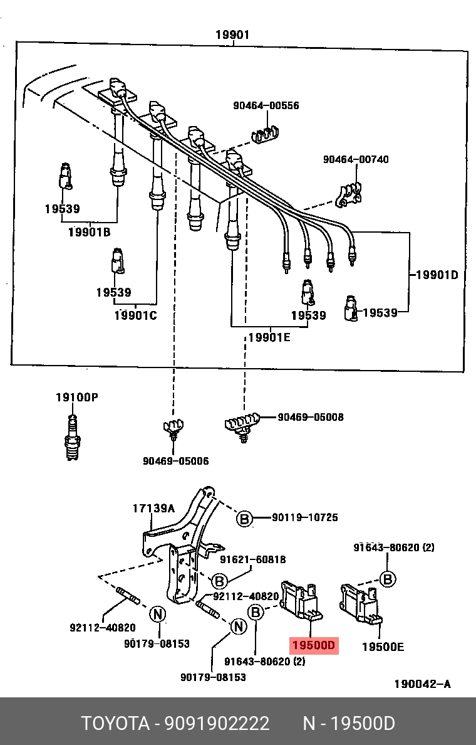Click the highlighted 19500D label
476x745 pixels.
[313, 645]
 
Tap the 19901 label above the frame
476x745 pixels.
[232, 35]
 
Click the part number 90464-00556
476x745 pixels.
[266, 106]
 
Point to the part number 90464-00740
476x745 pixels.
[356, 159]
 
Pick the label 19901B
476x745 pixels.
[89, 232]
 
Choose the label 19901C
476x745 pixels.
[135, 315]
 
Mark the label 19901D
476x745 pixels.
[437, 275]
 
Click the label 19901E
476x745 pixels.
[269, 337]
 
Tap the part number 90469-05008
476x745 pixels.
[311, 417]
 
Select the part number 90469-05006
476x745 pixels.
[175, 461]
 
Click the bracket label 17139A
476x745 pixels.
[153, 509]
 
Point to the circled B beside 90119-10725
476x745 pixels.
[244, 519]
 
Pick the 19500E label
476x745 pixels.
[383, 646]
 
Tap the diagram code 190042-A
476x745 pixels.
[422, 684]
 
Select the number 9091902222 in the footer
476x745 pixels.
[217, 724]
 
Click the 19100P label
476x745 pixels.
[76, 397]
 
